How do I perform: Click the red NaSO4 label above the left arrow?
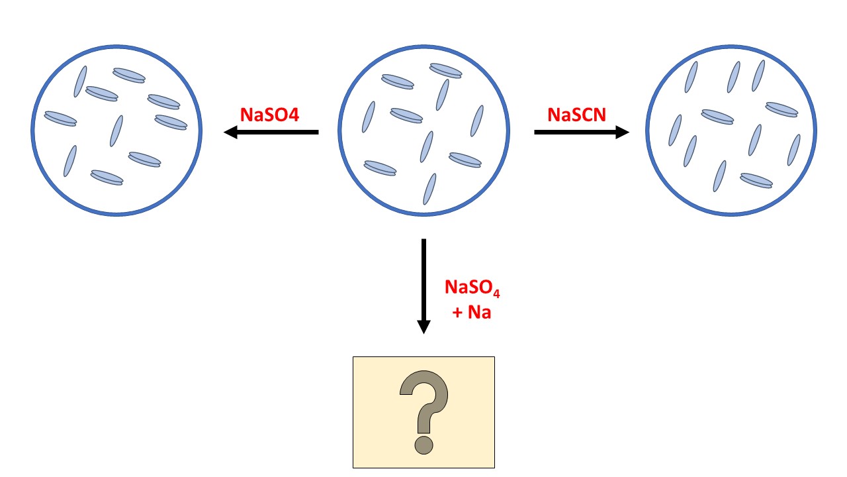click(x=269, y=115)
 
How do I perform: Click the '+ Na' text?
click(x=471, y=311)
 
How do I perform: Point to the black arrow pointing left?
click(x=271, y=132)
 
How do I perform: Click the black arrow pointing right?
click(x=581, y=132)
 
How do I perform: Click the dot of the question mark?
click(x=423, y=444)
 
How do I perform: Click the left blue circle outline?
click(x=33, y=130)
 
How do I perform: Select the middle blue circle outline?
click(x=339, y=130)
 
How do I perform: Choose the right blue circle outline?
click(x=646, y=130)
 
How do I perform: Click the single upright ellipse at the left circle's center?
click(x=116, y=131)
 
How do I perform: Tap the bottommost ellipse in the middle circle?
click(x=430, y=189)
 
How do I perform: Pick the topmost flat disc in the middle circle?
click(x=445, y=70)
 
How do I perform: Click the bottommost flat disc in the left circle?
click(x=107, y=177)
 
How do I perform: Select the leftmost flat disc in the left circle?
click(x=60, y=119)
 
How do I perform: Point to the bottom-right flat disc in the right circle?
click(x=756, y=180)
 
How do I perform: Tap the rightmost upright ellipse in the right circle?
click(x=793, y=150)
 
